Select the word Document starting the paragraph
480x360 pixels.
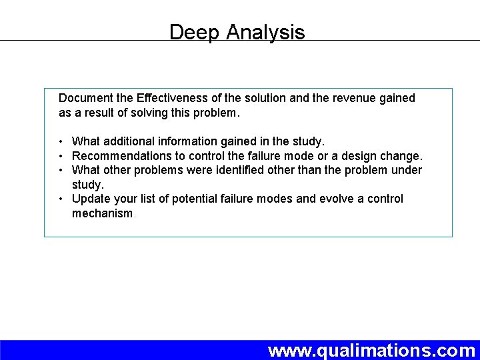tap(85, 98)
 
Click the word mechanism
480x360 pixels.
tap(103, 213)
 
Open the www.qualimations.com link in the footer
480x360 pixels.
tap(371, 350)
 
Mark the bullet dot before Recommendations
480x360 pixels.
tap(61, 156)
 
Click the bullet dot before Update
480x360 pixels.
tap(61, 199)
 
